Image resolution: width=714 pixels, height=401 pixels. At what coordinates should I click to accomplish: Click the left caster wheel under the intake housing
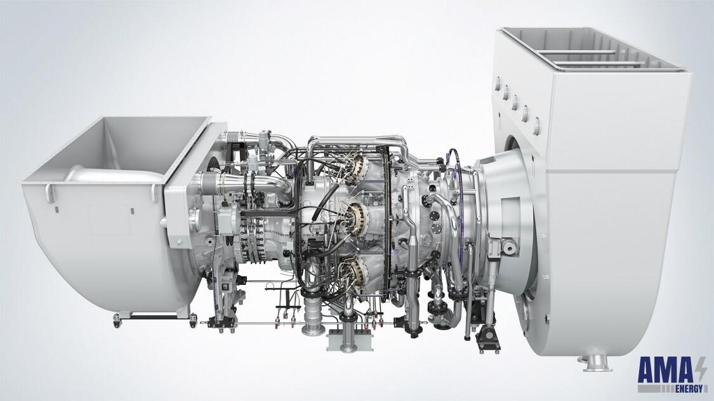[x=117, y=322]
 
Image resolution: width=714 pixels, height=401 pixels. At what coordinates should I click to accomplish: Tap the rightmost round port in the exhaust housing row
[x=536, y=122]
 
